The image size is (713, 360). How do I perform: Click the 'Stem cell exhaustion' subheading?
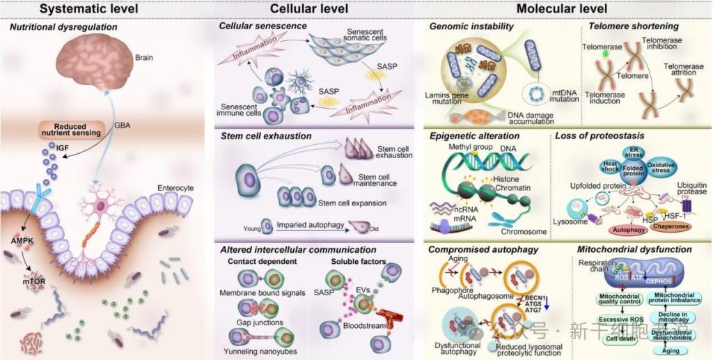click(265, 136)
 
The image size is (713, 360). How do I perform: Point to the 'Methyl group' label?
click(475, 150)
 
